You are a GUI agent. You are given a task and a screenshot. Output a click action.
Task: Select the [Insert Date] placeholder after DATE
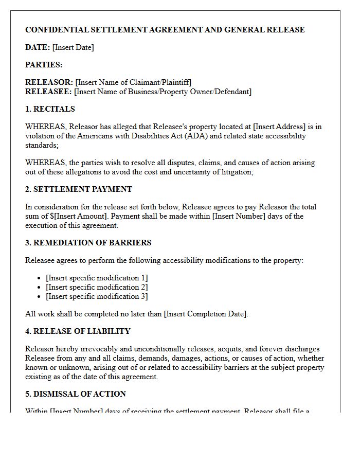coord(73,47)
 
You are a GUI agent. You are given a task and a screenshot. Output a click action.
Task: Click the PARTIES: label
coord(44,65)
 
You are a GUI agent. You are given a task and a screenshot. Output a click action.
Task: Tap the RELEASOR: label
coord(49,82)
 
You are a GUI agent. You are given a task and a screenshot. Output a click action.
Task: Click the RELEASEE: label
coord(48,92)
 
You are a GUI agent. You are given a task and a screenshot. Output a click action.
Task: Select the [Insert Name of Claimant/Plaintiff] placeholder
coord(133,82)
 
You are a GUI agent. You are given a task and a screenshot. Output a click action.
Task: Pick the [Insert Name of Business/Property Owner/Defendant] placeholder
coord(163,92)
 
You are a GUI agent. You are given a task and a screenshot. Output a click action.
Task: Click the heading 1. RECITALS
coord(50,109)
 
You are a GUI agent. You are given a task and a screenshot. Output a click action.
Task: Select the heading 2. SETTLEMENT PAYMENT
coord(79,189)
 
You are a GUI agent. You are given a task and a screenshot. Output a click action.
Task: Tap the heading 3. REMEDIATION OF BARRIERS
coord(88,243)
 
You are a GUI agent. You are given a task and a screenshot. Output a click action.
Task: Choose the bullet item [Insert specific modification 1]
coord(97,278)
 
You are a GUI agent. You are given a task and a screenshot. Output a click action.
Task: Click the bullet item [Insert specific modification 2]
coord(97,287)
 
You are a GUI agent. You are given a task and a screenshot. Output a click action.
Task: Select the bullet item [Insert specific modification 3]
coord(97,296)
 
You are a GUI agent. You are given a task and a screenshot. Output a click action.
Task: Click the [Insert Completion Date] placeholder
coord(206,314)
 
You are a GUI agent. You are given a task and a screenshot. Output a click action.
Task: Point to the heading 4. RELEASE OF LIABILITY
coord(78,331)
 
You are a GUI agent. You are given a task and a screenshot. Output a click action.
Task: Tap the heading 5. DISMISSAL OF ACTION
coord(76,394)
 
